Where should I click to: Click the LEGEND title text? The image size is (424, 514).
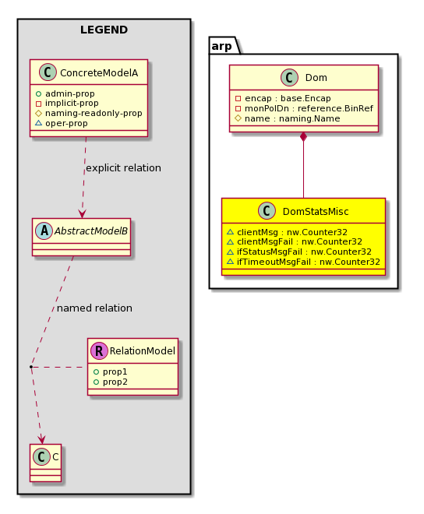coord(104,30)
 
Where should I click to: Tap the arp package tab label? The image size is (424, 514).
coord(222,46)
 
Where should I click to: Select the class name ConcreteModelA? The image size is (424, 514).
coord(99,72)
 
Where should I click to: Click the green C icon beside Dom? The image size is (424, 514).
coord(289,77)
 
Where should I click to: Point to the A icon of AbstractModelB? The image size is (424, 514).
coord(44,231)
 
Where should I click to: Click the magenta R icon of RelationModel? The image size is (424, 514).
coord(99,350)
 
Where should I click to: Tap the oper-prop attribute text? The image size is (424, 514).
coord(66,124)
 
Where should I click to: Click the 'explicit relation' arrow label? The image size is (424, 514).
coord(123,168)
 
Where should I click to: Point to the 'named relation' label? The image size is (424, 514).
coord(94,308)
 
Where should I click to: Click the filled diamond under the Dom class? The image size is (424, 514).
coord(303,137)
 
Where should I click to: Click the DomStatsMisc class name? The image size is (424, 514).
coord(316,211)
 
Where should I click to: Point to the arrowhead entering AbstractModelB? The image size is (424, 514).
coord(82,213)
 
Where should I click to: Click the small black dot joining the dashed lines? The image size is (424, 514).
coord(31,367)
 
